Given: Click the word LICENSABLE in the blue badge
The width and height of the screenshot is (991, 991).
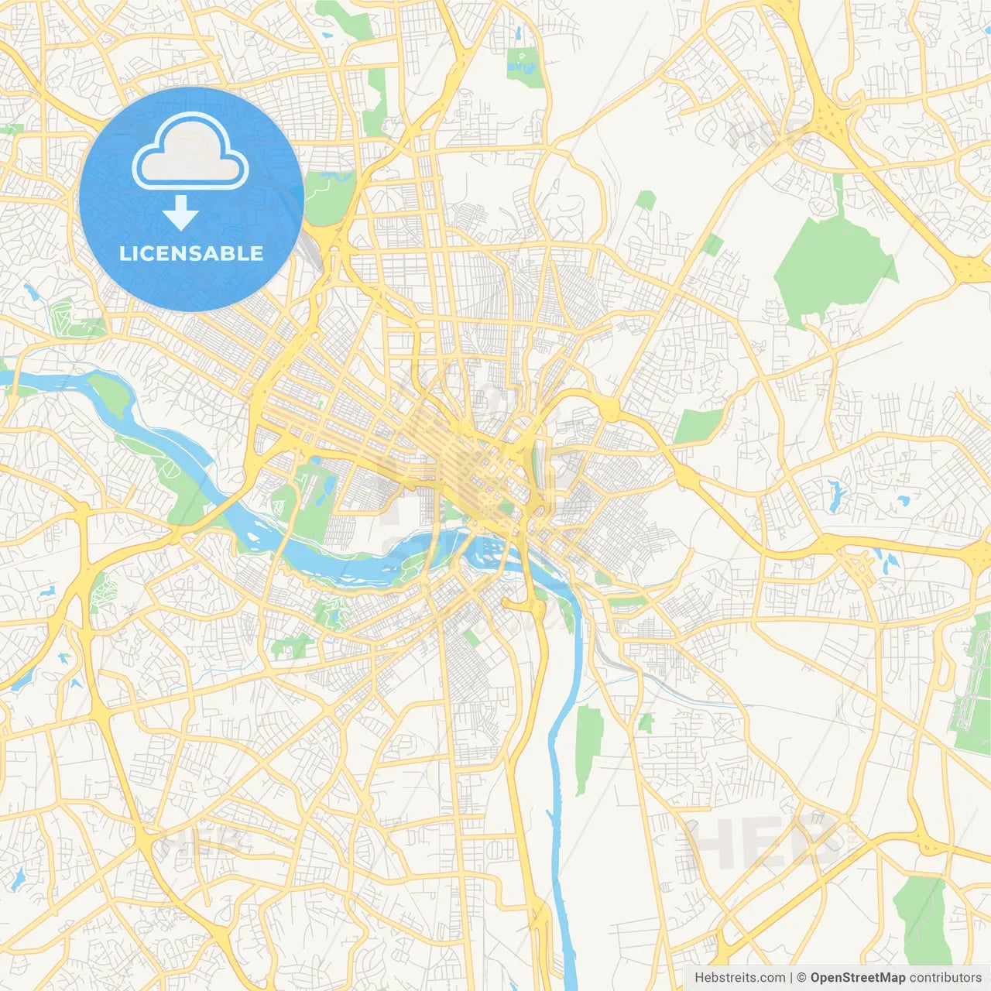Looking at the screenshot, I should pos(191,253).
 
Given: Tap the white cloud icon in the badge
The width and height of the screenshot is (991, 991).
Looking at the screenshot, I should pos(190,151).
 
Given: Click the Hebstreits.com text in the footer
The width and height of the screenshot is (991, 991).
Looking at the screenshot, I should pos(739,978).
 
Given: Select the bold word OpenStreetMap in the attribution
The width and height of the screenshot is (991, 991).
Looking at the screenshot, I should pos(857,978).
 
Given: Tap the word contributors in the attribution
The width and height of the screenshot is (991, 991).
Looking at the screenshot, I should pos(945,978).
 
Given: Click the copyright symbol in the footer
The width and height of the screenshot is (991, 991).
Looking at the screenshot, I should pos(802,978).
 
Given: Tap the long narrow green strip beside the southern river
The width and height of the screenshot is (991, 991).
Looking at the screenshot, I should pos(588,747).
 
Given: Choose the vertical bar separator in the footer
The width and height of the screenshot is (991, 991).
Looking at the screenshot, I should pos(791,978).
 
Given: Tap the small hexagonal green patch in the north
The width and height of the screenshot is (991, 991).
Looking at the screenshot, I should pos(646,201).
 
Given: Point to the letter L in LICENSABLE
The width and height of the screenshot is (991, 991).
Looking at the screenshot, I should pos(124,253).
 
